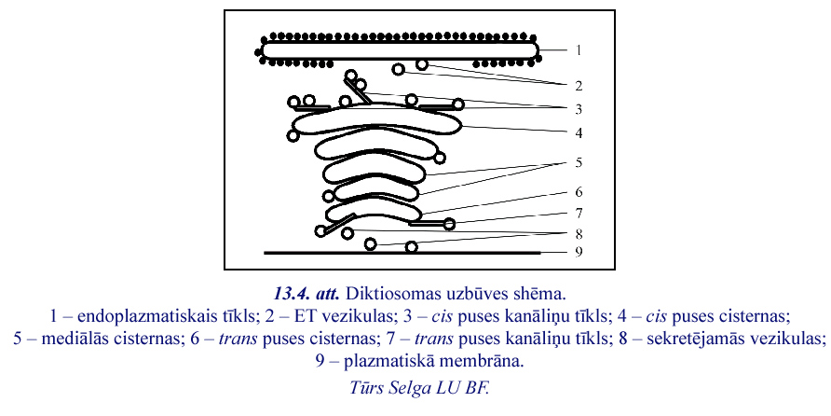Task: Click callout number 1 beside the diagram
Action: pyautogui.click(x=579, y=50)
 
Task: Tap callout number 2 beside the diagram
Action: pyautogui.click(x=579, y=86)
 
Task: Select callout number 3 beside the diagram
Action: pyautogui.click(x=579, y=109)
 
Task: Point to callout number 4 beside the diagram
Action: pyautogui.click(x=579, y=132)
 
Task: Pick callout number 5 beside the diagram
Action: pyautogui.click(x=579, y=162)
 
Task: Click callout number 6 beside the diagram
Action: pyautogui.click(x=579, y=191)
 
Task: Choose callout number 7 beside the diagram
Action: pyautogui.click(x=579, y=213)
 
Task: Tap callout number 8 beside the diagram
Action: pyautogui.click(x=579, y=233)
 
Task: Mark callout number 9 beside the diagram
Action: pyautogui.click(x=579, y=252)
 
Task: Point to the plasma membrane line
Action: pyautogui.click(x=402, y=253)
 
